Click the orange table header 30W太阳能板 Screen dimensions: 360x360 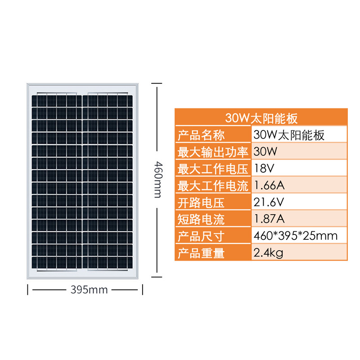click(261, 118)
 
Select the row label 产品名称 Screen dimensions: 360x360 click(201, 135)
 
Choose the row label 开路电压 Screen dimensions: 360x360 click(201, 202)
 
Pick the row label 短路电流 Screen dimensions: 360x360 click(201, 219)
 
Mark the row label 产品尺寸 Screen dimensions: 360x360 click(201, 236)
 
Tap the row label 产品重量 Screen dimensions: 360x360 click(201, 253)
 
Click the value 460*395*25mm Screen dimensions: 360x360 click(296, 236)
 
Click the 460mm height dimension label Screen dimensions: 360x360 click(157, 180)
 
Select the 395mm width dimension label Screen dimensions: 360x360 click(89, 290)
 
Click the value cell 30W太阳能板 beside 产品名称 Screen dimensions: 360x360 click(289, 135)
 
